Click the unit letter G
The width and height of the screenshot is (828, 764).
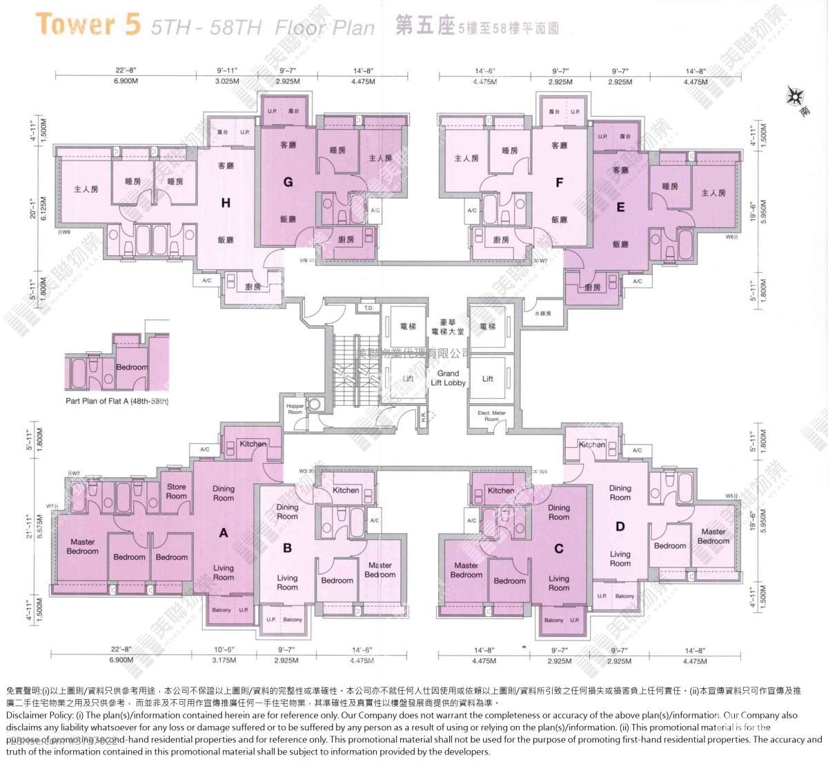click(288, 182)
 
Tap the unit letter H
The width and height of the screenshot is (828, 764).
click(226, 203)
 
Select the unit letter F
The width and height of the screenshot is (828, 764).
click(559, 183)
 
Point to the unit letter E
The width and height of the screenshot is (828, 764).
click(620, 207)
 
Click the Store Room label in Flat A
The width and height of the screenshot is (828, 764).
click(176, 491)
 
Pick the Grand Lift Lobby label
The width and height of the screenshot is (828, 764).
click(448, 378)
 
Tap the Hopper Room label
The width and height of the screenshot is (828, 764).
click(295, 409)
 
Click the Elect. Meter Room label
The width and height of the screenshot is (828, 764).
click(491, 415)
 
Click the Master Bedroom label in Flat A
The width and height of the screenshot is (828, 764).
click(82, 547)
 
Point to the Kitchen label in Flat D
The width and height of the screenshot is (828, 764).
click(592, 444)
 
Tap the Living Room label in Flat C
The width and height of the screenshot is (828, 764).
click(559, 583)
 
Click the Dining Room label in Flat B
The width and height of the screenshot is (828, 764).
click(287, 511)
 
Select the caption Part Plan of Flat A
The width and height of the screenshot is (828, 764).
click(117, 401)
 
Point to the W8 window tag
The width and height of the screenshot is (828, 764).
click(304, 261)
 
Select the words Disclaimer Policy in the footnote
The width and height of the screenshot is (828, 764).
click(39, 716)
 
